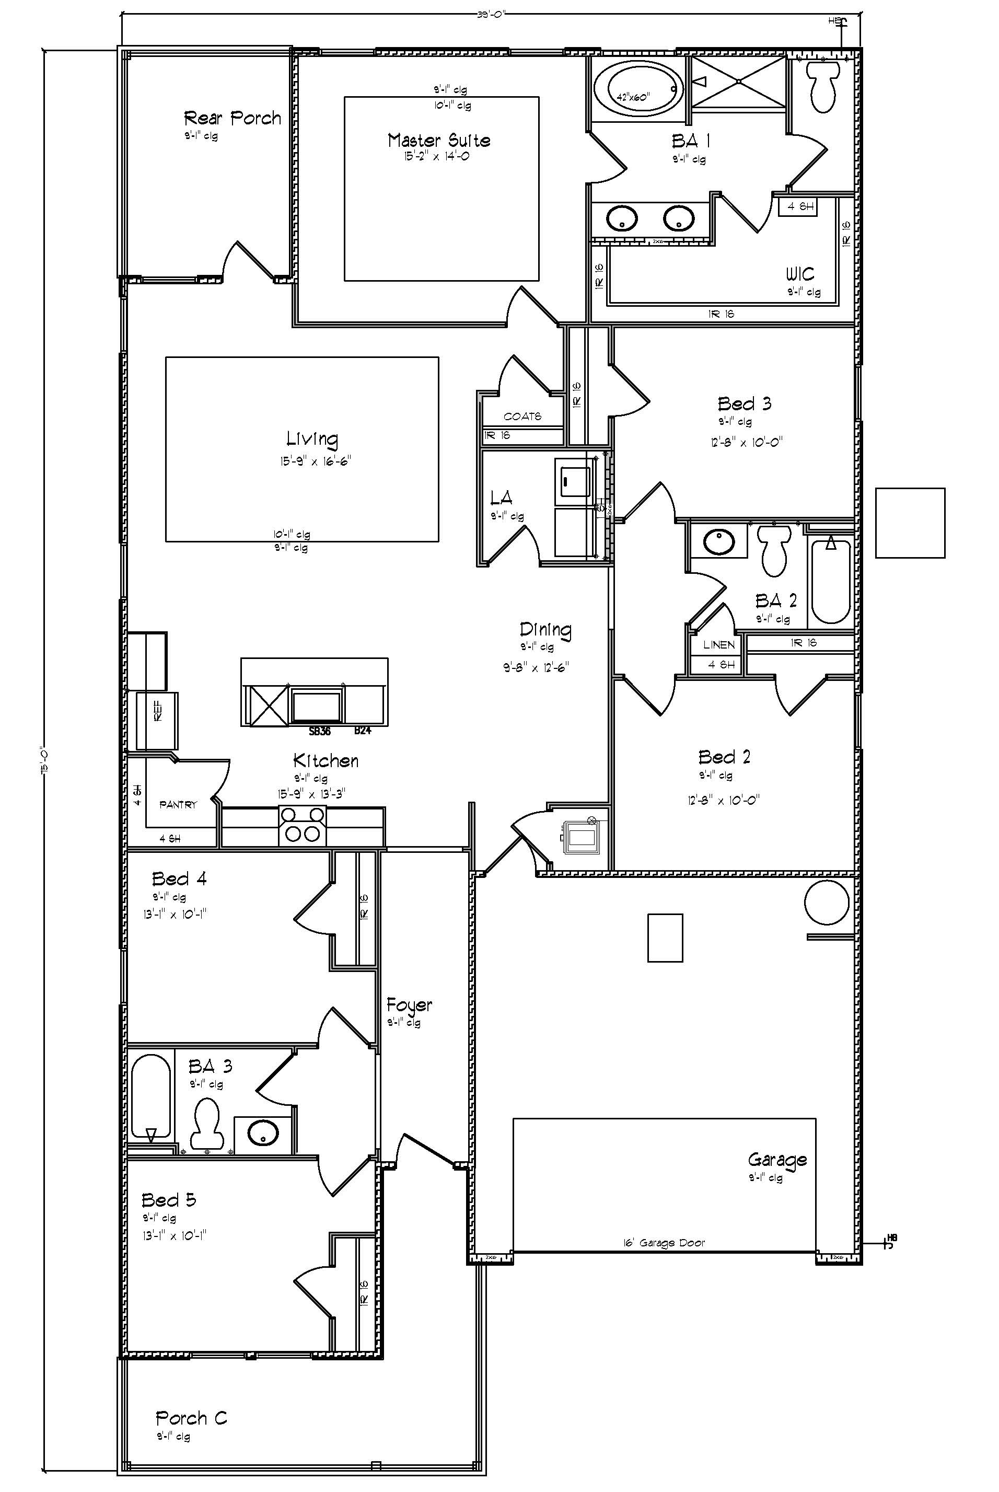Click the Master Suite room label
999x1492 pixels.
438,140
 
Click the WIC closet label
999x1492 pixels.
799,274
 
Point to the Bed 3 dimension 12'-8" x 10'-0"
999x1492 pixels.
746,442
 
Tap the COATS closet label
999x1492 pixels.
522,417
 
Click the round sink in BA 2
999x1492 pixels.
718,542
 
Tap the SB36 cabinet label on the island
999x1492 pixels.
320,731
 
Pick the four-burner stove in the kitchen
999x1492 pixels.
302,825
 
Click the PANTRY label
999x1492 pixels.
178,805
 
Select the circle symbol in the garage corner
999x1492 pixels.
827,902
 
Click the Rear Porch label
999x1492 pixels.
232,118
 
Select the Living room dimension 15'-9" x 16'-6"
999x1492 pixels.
316,460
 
